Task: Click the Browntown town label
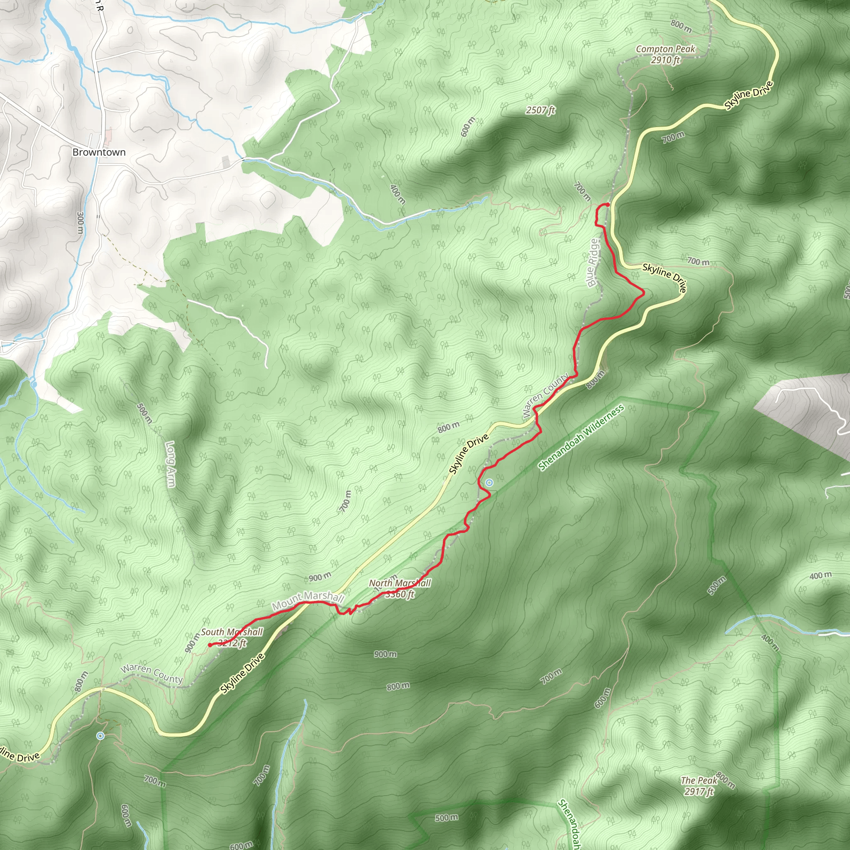coord(99,152)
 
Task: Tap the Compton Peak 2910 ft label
coord(665,54)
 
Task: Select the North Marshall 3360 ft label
coord(400,589)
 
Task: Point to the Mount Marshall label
coord(308,600)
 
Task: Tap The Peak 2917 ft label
coord(699,786)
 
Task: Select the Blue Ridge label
coord(594,263)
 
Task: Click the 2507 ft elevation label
coord(540,110)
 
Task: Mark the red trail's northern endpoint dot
coord(607,205)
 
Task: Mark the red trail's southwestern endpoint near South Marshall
coord(210,645)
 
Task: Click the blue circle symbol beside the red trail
coord(489,483)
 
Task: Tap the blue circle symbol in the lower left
coord(100,735)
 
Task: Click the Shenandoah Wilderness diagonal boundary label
coord(581,438)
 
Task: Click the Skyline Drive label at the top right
coord(748,95)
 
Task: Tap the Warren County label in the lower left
coord(152,674)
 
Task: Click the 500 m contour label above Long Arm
coord(144,413)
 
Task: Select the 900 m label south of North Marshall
coord(386,654)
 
